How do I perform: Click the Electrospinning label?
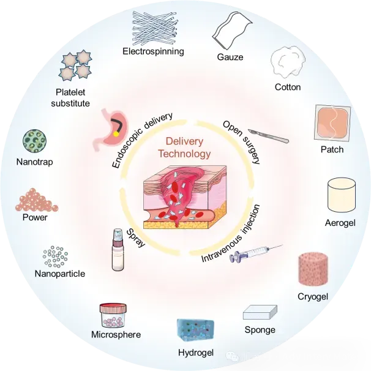click(x=153, y=51)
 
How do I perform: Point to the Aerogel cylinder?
click(x=342, y=195)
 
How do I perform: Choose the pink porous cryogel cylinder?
click(x=313, y=270)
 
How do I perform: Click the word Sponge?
click(x=260, y=330)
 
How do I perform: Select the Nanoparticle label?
click(x=59, y=274)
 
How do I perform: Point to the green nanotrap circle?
click(x=34, y=141)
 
